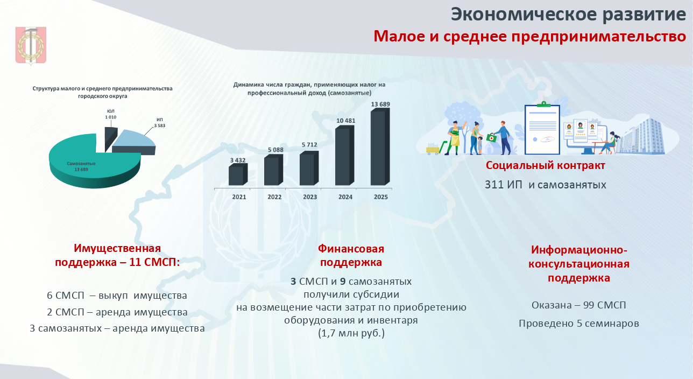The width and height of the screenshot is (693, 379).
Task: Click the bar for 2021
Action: coord(238,174)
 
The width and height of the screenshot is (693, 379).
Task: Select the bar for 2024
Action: coord(345,156)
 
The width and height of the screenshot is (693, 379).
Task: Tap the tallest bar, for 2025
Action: coord(380,147)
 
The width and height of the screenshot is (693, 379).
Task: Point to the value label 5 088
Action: coord(275,150)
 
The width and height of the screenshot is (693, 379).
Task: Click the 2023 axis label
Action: coord(310,197)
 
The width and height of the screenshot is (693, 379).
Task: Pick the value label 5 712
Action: coord(309,145)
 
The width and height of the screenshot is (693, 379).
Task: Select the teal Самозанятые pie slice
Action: coord(93,164)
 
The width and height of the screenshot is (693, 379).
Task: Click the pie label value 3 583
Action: coord(160,126)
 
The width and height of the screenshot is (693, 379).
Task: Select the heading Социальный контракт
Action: coord(545,165)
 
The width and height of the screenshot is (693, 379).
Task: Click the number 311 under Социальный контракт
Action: coord(494,185)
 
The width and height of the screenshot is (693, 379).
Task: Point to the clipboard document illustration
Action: coord(542,129)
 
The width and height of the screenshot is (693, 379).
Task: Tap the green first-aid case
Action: coord(491,138)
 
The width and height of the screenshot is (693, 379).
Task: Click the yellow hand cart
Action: coord(436,149)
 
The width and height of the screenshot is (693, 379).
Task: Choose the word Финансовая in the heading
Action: coord(351,249)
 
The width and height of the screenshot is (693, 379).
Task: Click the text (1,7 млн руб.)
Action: coord(351,333)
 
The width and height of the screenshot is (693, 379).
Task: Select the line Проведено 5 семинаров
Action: coord(579,324)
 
